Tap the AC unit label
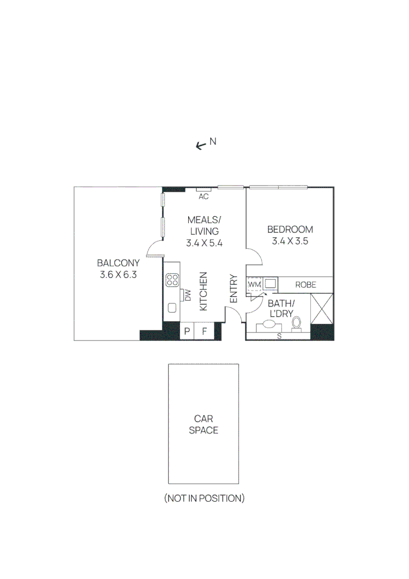[203, 197]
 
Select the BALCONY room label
[118, 263]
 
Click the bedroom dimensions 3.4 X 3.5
[290, 241]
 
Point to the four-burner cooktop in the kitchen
[173, 279]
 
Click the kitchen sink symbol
[172, 308]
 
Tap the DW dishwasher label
[188, 294]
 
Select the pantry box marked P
[187, 331]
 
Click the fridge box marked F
[204, 331]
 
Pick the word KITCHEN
[204, 291]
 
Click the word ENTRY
[234, 289]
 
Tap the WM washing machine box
[254, 284]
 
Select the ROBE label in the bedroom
[306, 285]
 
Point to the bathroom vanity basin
[269, 325]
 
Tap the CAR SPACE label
[203, 424]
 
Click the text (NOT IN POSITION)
[204, 498]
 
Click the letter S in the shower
[279, 336]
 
